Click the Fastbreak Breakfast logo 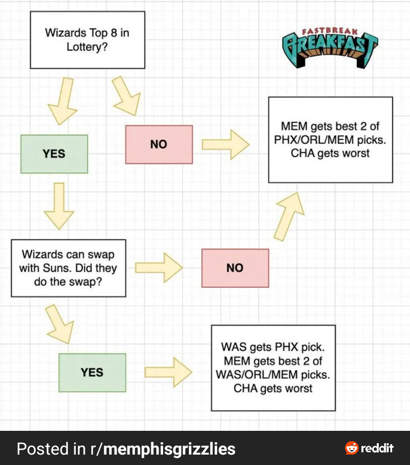click(x=329, y=46)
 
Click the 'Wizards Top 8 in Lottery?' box click(x=87, y=40)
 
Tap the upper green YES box click(x=54, y=154)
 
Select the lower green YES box click(x=92, y=372)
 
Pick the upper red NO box click(x=159, y=144)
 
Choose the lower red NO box click(x=235, y=268)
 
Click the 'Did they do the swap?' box click(x=68, y=268)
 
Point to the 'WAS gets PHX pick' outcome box click(x=273, y=368)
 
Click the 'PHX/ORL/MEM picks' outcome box click(x=330, y=140)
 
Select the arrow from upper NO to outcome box click(x=225, y=145)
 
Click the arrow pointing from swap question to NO click(x=159, y=268)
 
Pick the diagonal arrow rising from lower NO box click(x=288, y=215)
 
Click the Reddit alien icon click(x=351, y=448)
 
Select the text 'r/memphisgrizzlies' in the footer click(x=163, y=449)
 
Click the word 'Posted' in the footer click(x=44, y=449)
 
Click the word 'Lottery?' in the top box click(x=87, y=47)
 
